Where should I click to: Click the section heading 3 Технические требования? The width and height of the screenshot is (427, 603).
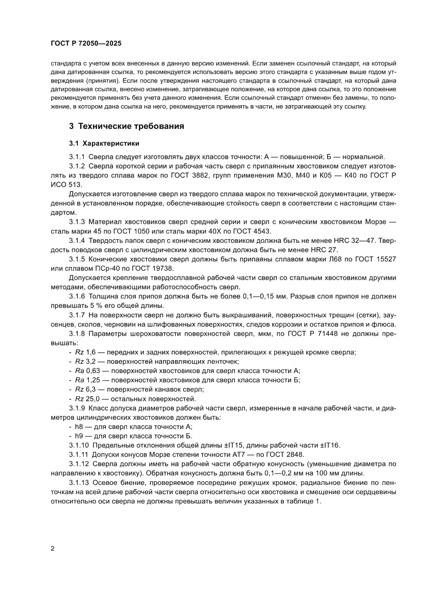[126, 126]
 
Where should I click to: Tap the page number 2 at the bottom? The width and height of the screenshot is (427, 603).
[53, 548]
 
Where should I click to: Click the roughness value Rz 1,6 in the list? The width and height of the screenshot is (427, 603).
[82, 352]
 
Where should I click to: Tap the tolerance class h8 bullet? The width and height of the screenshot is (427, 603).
[80, 427]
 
